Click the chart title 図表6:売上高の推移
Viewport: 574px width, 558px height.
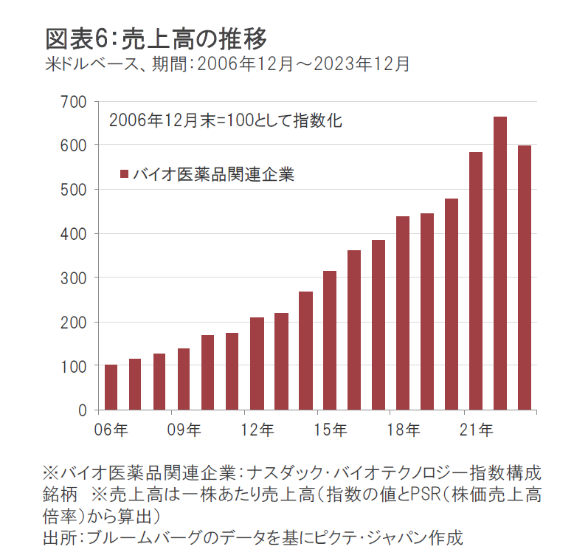(156, 37)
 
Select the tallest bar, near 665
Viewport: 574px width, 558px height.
(500, 263)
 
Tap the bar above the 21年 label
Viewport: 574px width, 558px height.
(476, 280)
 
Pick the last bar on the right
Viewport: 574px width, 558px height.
(525, 278)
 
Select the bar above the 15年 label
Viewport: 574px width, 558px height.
(330, 340)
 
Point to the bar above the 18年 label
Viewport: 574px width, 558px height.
(403, 313)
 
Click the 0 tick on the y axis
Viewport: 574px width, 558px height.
(83, 410)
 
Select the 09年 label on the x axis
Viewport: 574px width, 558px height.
(184, 430)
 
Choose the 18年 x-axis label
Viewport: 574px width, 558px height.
(403, 430)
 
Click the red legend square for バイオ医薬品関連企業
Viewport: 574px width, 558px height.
(124, 175)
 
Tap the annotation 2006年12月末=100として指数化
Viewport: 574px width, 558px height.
(225, 120)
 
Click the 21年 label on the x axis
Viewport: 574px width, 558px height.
(476, 430)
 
